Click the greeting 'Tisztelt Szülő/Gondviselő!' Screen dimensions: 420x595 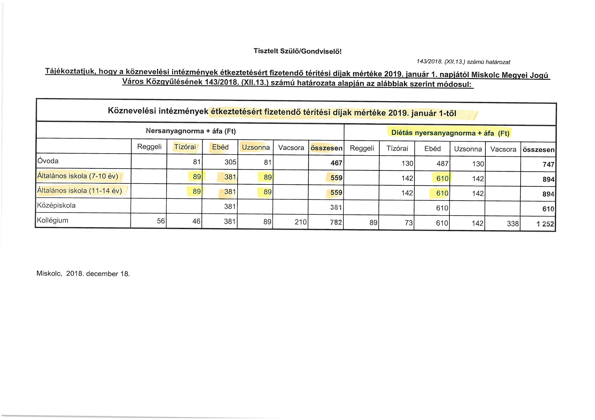click(x=297, y=51)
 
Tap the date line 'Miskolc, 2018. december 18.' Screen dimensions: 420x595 click(x=83, y=274)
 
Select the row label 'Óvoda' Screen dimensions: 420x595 click(x=48, y=161)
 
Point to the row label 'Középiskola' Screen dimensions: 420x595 click(x=56, y=206)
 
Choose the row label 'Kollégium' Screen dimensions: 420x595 click(x=53, y=221)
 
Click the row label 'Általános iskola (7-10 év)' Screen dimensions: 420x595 click(x=78, y=176)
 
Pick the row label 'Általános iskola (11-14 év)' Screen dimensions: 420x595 click(x=80, y=191)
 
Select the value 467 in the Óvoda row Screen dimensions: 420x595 click(x=336, y=163)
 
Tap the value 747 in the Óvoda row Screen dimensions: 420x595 click(x=549, y=165)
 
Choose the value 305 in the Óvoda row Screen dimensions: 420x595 click(x=230, y=162)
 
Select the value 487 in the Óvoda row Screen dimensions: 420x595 click(x=442, y=164)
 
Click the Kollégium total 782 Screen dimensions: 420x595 click(x=336, y=222)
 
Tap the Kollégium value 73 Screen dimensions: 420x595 click(x=408, y=223)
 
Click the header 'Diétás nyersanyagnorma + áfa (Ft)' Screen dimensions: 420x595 click(x=450, y=133)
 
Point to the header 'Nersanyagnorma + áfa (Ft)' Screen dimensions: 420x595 click(x=191, y=131)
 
